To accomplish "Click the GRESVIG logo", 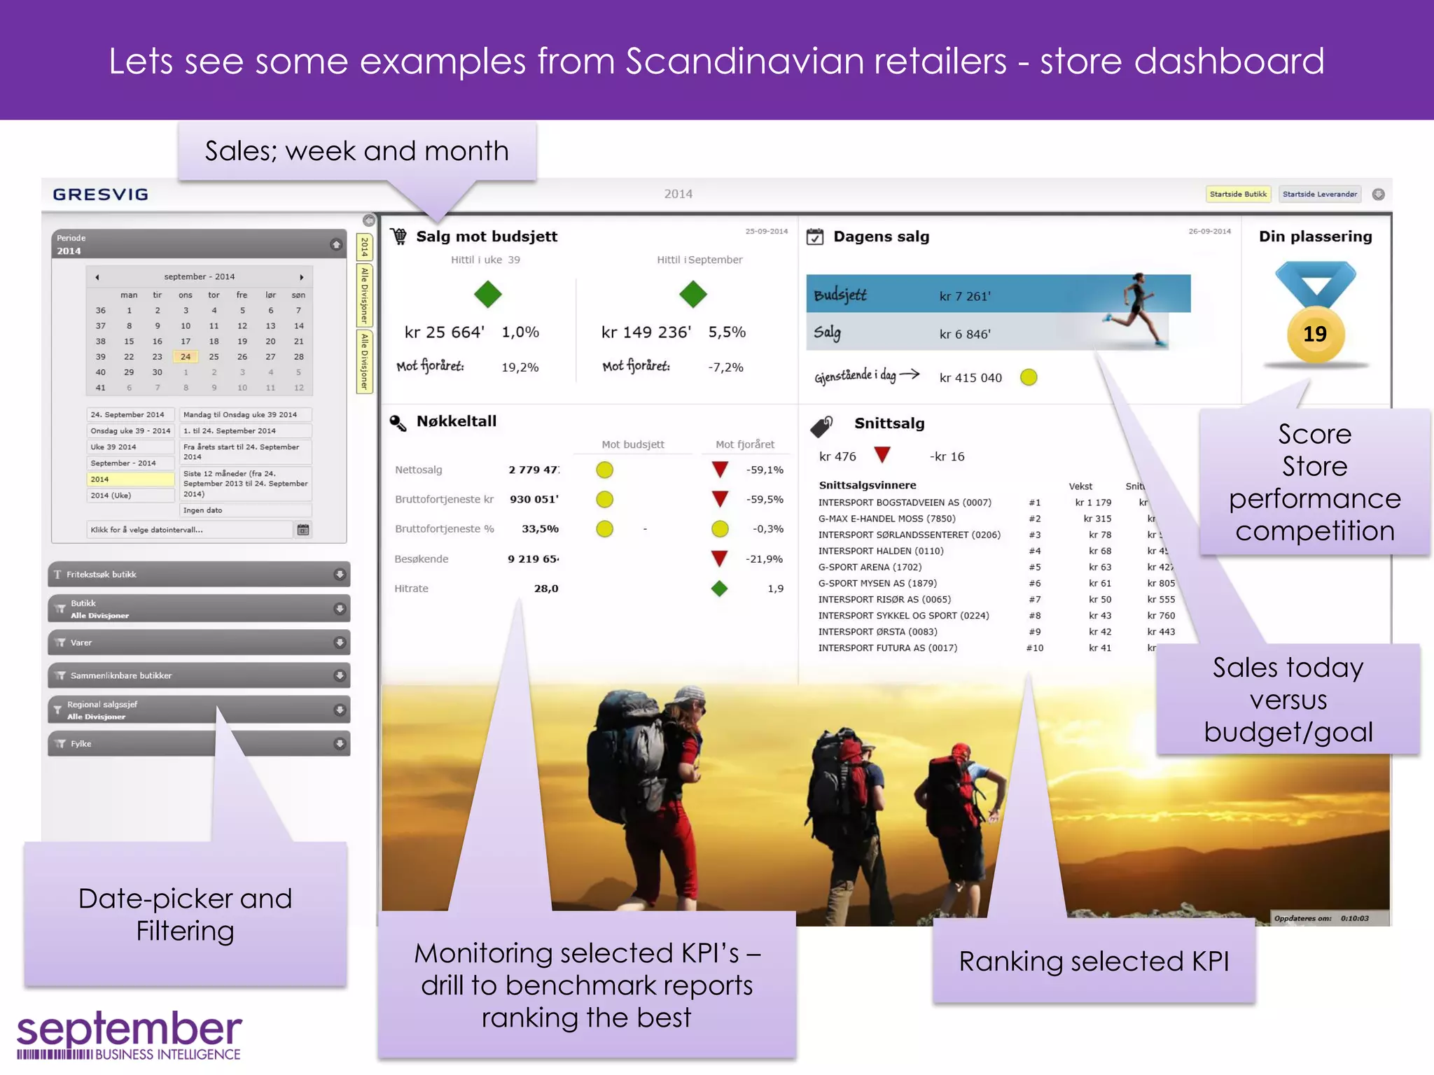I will tap(100, 195).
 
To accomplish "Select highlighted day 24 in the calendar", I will tap(186, 356).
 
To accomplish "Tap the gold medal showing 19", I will tap(1315, 334).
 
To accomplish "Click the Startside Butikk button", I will tap(1238, 194).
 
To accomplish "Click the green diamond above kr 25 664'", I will tap(487, 294).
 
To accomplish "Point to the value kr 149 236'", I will tap(646, 332).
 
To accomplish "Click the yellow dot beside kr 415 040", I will tap(1028, 377).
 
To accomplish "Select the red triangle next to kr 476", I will tap(882, 455).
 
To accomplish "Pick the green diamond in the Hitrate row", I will tap(719, 589).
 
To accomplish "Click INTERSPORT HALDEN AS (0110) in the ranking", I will tap(880, 551).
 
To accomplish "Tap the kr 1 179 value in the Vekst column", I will tap(1093, 503).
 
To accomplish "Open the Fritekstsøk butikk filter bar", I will tap(199, 575).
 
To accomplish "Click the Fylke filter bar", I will tap(199, 743).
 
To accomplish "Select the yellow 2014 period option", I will tap(130, 479).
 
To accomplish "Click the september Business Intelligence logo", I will tap(129, 1035).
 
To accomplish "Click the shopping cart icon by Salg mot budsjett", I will tap(398, 237).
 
